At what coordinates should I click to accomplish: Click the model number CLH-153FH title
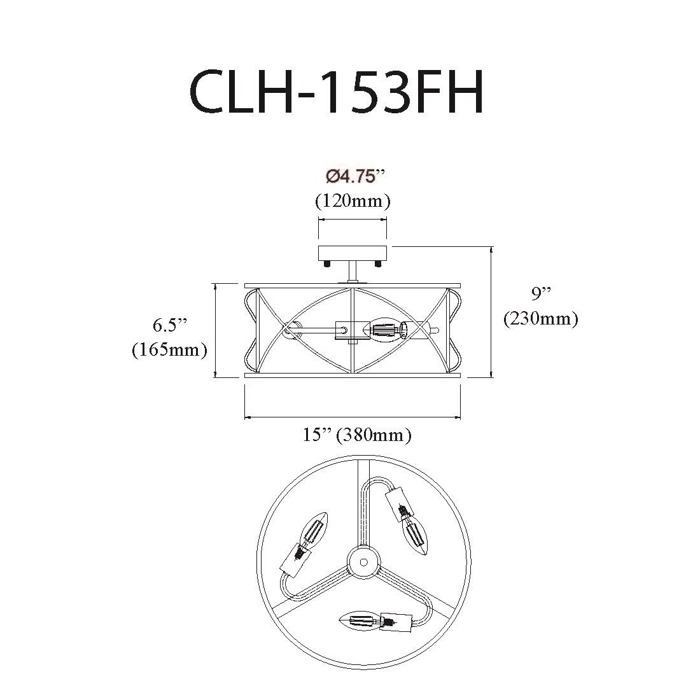pyautogui.click(x=337, y=92)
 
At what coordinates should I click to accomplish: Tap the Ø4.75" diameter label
pyautogui.click(x=355, y=177)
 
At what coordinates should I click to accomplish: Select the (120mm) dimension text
pyautogui.click(x=353, y=201)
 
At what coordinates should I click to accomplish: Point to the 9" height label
pyautogui.click(x=541, y=294)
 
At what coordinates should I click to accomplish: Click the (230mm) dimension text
pyautogui.click(x=541, y=318)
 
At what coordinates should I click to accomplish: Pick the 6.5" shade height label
pyautogui.click(x=170, y=325)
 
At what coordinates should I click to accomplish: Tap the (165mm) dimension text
pyautogui.click(x=170, y=349)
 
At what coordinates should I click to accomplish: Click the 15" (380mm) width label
pyautogui.click(x=357, y=435)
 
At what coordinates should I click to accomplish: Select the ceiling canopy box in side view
pyautogui.click(x=353, y=253)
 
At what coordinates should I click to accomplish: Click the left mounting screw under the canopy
pyautogui.click(x=327, y=264)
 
